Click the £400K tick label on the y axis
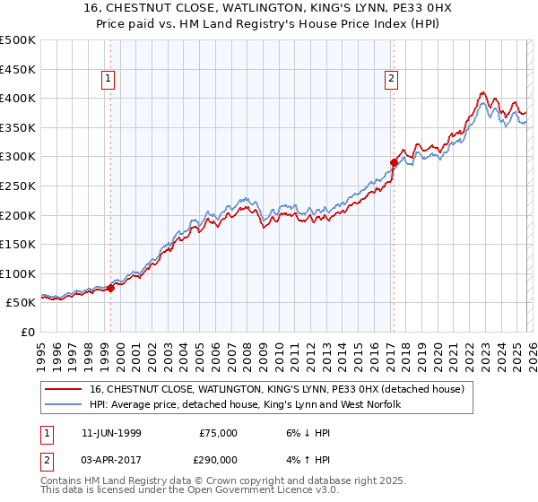[x=18, y=98]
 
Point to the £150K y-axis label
[x=18, y=244]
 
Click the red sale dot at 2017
[x=393, y=162]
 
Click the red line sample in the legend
[x=65, y=390]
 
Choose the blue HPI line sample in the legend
[x=65, y=405]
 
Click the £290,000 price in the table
[x=218, y=458]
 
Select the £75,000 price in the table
[x=218, y=432]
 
